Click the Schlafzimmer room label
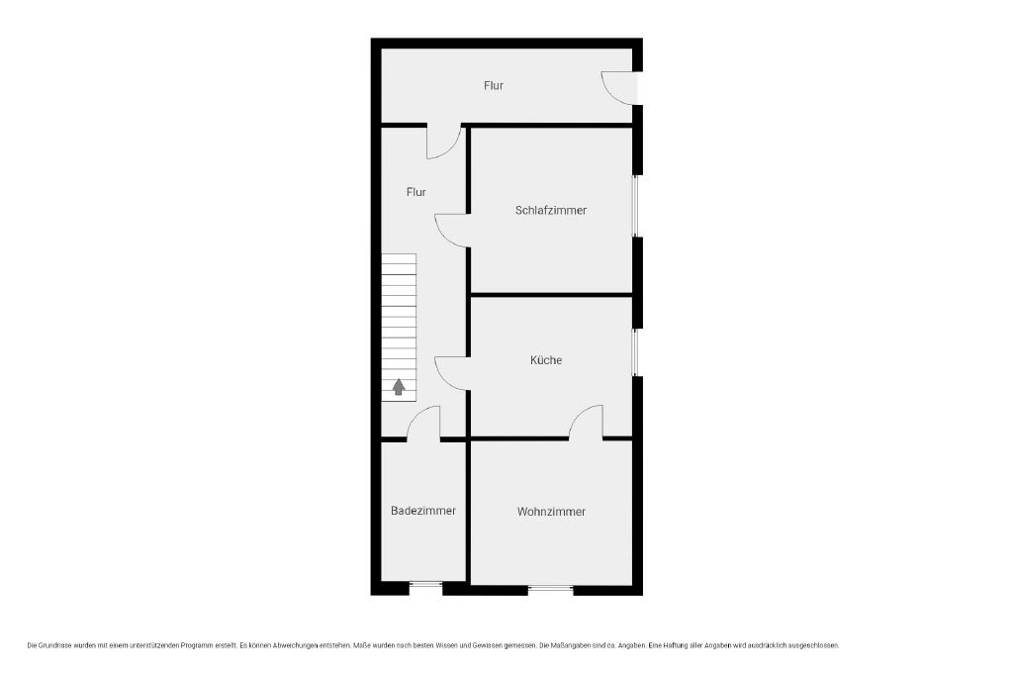551,210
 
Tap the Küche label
546,360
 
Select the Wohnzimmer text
551,511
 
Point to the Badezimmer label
423,511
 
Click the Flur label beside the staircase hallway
416,192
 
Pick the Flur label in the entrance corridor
494,85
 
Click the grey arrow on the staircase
399,386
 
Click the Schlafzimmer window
636,206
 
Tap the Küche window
636,352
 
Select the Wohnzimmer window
550,589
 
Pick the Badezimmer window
425,587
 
